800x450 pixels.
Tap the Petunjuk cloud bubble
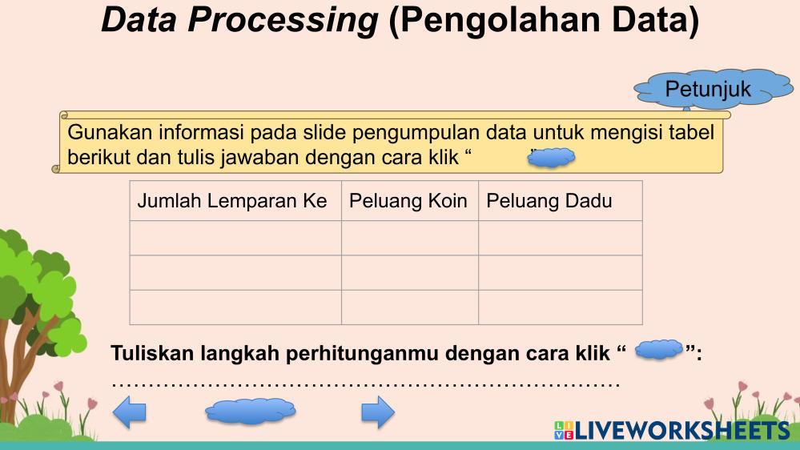(x=714, y=89)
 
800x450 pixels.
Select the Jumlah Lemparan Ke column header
(x=235, y=200)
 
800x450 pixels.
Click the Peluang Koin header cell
(x=410, y=200)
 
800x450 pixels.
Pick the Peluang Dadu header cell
(x=561, y=200)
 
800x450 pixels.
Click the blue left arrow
(x=130, y=412)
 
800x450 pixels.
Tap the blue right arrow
(x=378, y=412)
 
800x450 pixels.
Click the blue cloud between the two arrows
(x=251, y=411)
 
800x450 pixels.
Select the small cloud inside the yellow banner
(x=551, y=158)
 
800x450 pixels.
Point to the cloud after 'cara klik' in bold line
(x=659, y=350)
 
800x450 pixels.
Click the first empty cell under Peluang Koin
(x=410, y=238)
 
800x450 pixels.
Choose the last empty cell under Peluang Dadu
(x=561, y=307)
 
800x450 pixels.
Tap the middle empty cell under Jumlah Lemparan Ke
(x=235, y=272)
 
